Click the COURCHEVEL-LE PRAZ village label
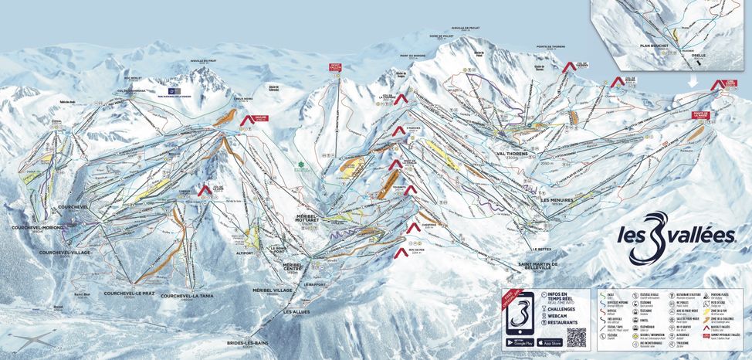(x=130, y=293)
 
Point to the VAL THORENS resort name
(x=517, y=153)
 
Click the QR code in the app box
(x=576, y=336)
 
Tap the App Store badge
(x=550, y=341)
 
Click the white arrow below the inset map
(x=693, y=80)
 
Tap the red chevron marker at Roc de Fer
(x=400, y=252)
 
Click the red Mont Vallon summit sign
(x=335, y=66)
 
